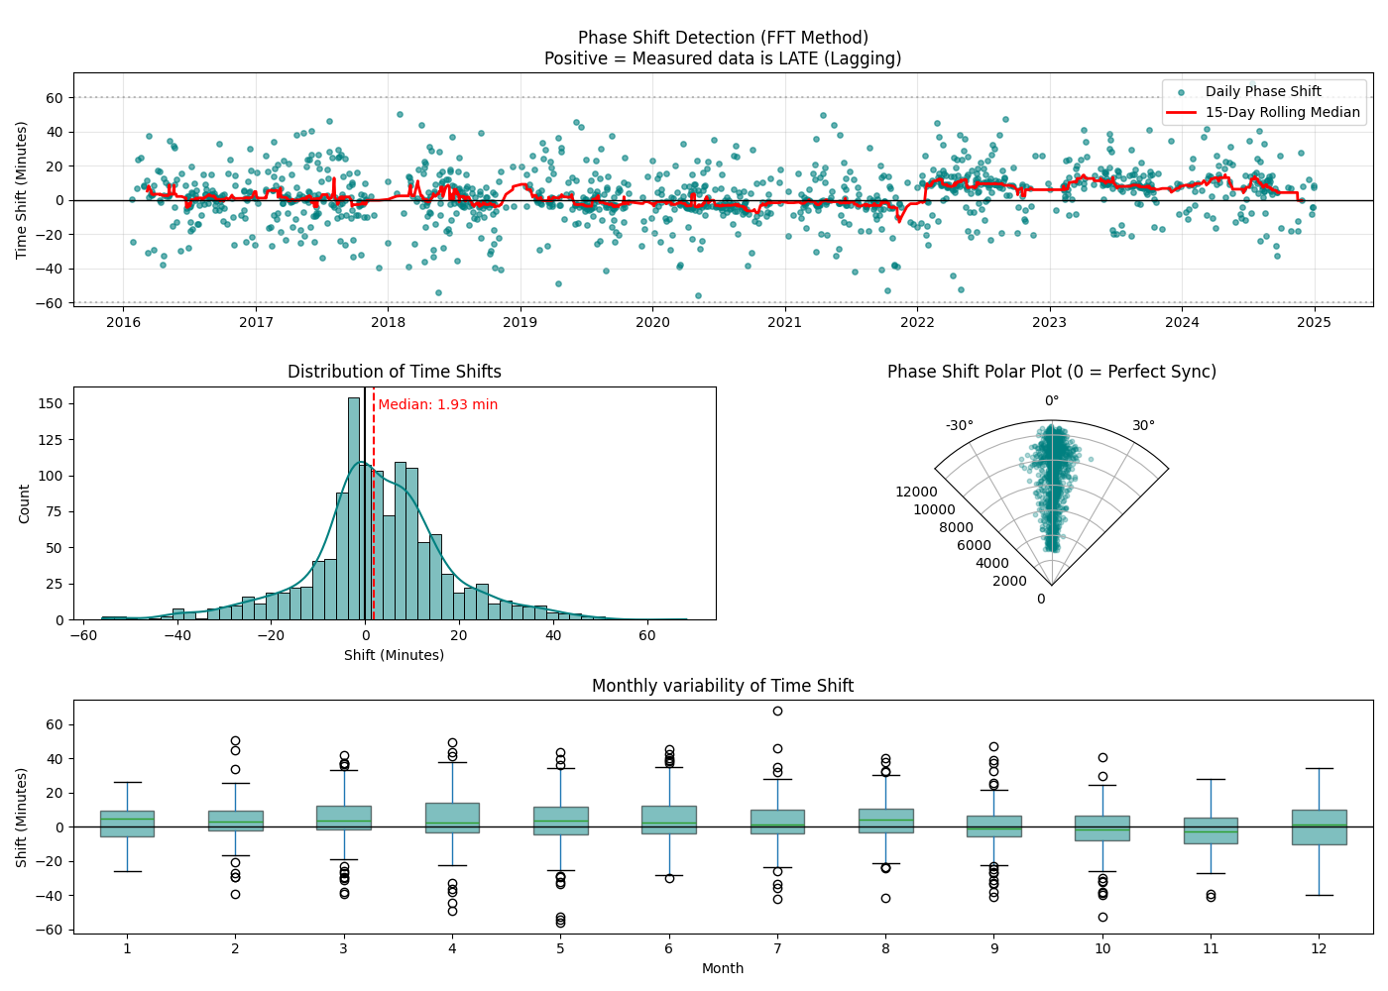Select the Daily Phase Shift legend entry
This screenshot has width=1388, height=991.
(1263, 91)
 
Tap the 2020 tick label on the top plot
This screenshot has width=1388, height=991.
(652, 322)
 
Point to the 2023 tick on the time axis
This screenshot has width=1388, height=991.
(1049, 322)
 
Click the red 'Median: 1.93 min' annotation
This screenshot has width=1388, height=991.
(437, 404)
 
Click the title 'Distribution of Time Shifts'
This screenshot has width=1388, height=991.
(395, 372)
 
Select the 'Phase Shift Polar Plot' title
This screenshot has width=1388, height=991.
(1051, 372)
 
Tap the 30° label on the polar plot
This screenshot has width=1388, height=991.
(1143, 425)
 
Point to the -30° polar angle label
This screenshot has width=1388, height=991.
(959, 425)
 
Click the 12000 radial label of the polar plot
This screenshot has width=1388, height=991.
(916, 492)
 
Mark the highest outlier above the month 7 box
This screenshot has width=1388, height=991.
(777, 711)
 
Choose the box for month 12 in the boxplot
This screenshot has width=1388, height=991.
(1319, 826)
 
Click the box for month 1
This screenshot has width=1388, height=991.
(127, 824)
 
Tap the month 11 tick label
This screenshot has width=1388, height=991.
(1211, 948)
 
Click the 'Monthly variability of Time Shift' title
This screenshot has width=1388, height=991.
(723, 686)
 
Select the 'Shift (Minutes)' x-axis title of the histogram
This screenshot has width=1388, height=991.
(394, 655)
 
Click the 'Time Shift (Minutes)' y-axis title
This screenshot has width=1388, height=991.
(22, 189)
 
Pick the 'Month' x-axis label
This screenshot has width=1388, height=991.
(723, 968)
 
